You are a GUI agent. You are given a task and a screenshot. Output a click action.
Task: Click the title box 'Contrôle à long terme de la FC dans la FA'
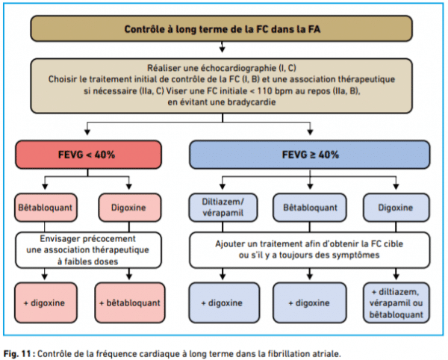tap(222, 29)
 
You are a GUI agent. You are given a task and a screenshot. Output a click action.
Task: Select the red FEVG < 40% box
tap(88, 155)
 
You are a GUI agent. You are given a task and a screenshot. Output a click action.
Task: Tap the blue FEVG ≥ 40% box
tap(310, 155)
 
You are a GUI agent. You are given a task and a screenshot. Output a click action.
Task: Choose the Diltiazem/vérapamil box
tap(223, 208)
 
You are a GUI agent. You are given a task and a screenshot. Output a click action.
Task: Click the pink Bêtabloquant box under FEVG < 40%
tap(46, 208)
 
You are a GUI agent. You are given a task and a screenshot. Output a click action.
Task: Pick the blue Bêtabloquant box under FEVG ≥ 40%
tap(310, 208)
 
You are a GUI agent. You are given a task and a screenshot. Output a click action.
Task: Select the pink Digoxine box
tap(130, 208)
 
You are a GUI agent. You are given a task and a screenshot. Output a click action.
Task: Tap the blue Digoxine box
tap(396, 208)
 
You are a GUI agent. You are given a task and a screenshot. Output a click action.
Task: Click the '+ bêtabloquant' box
tap(130, 302)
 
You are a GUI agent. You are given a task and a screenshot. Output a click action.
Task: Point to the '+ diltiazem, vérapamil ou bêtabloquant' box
tap(396, 302)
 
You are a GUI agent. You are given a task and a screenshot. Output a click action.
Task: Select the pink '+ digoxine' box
tap(46, 302)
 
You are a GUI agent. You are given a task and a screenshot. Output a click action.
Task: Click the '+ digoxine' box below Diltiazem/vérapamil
tap(224, 302)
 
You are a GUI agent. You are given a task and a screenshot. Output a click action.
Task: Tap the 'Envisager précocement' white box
tap(88, 250)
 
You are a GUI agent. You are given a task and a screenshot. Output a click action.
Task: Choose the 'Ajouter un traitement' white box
tap(310, 250)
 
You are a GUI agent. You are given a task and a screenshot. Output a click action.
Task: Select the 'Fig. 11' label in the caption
tap(17, 354)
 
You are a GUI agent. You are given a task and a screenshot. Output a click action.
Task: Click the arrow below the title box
tap(222, 47)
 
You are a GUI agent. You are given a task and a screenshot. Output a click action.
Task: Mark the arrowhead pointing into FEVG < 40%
tap(87, 131)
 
